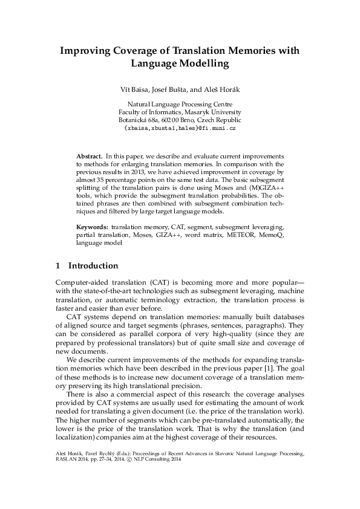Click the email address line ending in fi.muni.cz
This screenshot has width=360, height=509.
pos(180,129)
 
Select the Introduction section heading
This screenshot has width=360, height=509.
pos(93,265)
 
